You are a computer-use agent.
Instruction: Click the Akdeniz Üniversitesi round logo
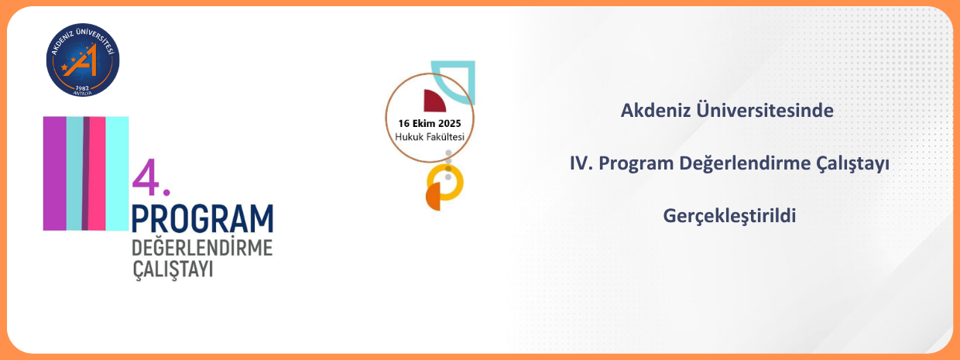click(x=83, y=60)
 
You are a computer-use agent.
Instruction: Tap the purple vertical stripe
click(x=55, y=173)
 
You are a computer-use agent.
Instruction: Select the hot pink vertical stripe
click(x=97, y=173)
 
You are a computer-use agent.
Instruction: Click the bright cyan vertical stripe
click(x=117, y=173)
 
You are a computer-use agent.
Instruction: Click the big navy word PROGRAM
click(x=202, y=219)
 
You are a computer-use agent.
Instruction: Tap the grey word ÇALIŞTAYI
click(x=173, y=269)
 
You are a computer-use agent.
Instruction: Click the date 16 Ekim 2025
click(x=430, y=123)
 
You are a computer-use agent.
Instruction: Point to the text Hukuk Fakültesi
click(x=430, y=137)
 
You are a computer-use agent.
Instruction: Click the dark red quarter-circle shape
click(x=434, y=101)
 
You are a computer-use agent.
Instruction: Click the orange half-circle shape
click(x=434, y=197)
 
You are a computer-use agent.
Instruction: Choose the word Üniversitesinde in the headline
click(x=765, y=110)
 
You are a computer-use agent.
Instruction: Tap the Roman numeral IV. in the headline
click(x=581, y=163)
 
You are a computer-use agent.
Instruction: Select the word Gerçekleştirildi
click(x=729, y=215)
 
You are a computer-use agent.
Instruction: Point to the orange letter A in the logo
click(x=82, y=61)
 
